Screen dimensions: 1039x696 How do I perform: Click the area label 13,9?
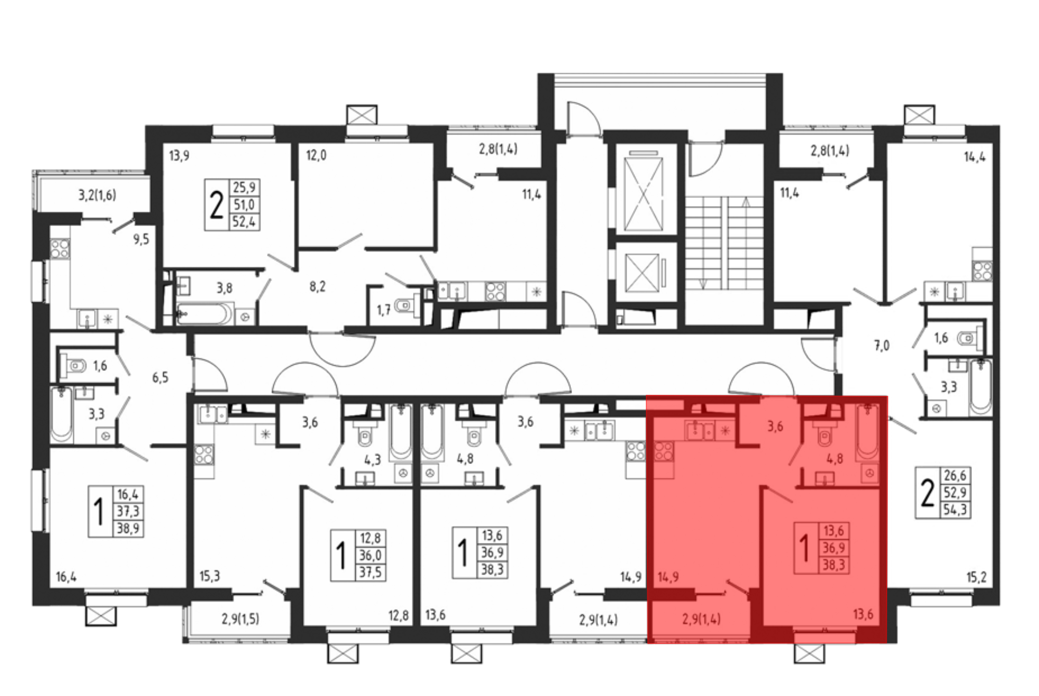pos(179,155)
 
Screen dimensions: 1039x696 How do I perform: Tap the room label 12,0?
pos(316,155)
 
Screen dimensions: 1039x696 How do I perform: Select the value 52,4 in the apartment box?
pos(244,222)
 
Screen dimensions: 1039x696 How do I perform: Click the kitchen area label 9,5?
pos(141,239)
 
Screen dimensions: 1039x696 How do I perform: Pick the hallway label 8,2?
pos(317,287)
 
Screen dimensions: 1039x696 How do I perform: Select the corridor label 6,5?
pos(161,378)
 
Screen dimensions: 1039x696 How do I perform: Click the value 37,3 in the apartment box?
pos(128,512)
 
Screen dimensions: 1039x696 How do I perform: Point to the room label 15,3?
pos(210,577)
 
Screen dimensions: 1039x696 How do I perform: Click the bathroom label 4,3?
pos(372,460)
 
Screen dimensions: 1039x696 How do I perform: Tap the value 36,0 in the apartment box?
pos(370,555)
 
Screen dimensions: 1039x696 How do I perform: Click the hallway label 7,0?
pos(882,346)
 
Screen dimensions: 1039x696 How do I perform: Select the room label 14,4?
pos(975,157)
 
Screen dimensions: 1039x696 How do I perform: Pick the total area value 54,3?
pos(955,510)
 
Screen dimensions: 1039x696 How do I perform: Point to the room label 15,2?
pos(976,577)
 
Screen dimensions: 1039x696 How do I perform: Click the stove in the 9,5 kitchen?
pos(60,248)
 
